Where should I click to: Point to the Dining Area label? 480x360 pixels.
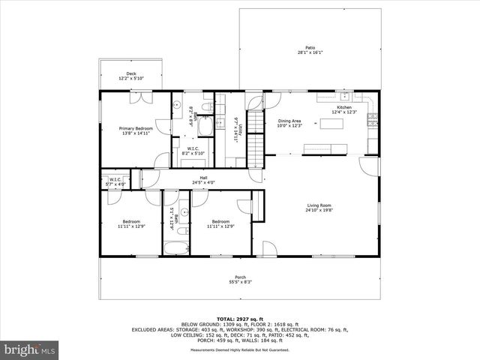click(x=289, y=122)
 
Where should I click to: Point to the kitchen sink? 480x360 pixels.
click(x=344, y=96)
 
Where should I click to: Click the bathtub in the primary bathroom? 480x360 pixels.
click(x=205, y=127)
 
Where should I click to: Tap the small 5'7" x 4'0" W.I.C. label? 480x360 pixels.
click(x=115, y=181)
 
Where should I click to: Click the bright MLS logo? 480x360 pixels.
click(x=30, y=349)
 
